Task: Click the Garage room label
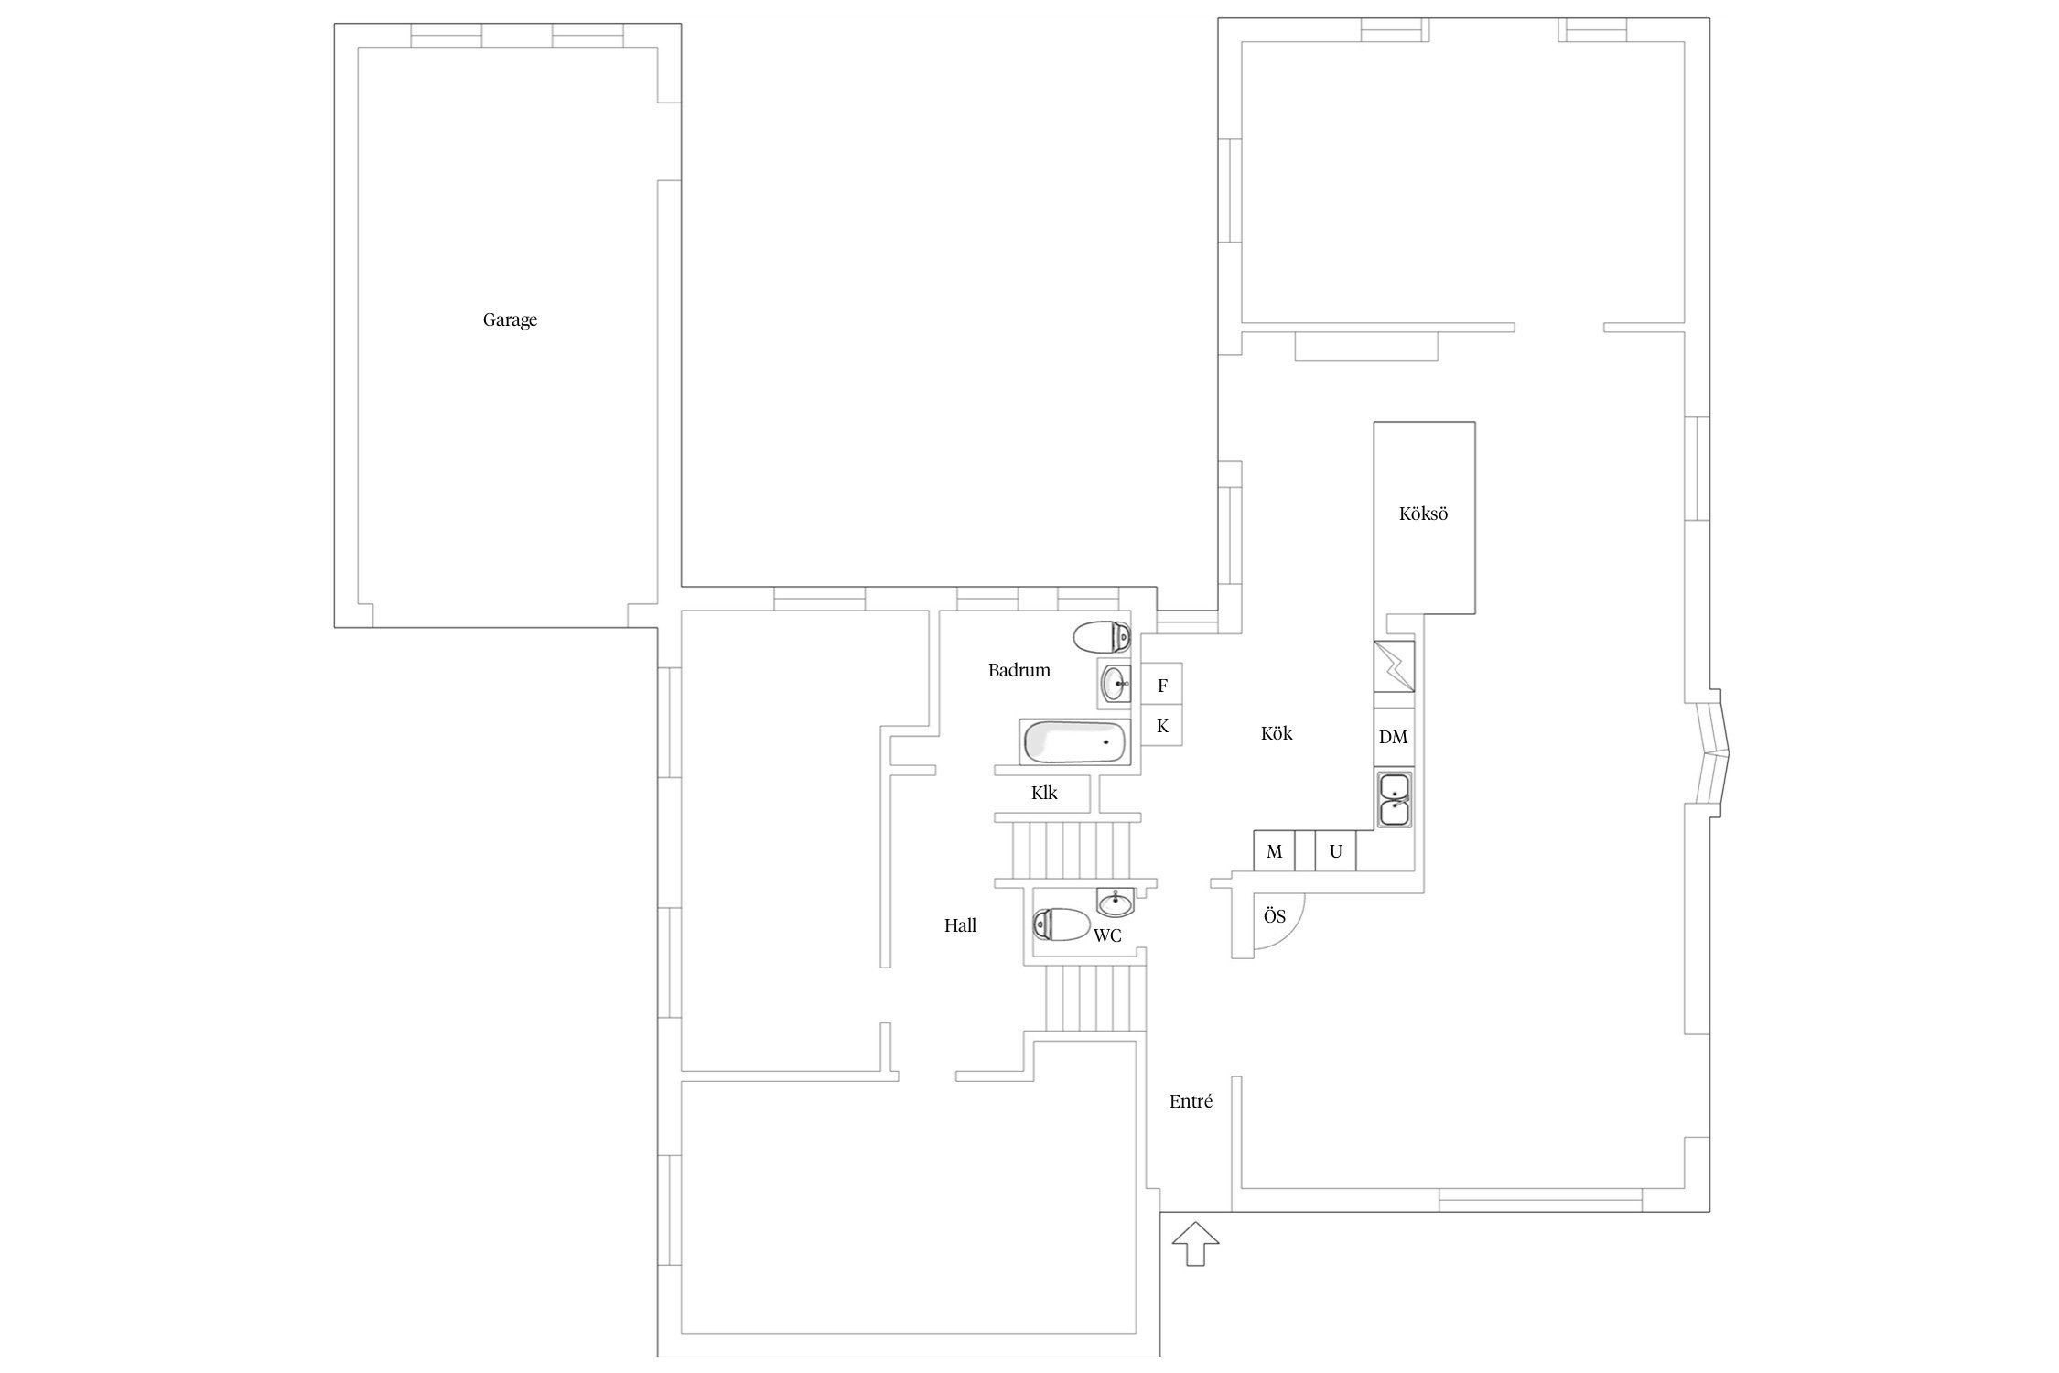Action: pos(510,320)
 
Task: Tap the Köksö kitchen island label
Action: pos(1423,514)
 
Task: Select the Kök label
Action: pos(1277,733)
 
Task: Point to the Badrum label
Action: pos(1019,670)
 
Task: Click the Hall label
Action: pos(960,925)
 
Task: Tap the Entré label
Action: pos(1191,1101)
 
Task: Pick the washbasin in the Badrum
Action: pos(1115,683)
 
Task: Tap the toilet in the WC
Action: pos(1062,924)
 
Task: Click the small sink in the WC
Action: pos(1116,903)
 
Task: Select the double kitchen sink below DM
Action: pos(1394,799)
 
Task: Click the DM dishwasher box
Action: pos(1394,737)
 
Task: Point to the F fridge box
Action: pos(1162,685)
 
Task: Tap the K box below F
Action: pos(1162,726)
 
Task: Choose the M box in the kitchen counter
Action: pos(1274,851)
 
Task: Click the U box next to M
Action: pos(1336,851)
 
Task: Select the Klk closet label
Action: pos(1044,793)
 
